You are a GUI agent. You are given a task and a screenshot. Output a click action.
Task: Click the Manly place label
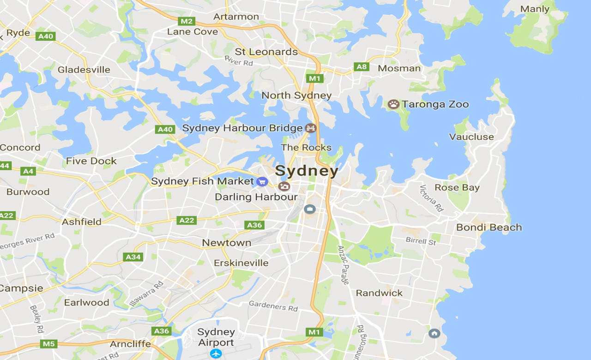(535, 9)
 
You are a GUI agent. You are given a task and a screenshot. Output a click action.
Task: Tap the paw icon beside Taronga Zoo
(393, 104)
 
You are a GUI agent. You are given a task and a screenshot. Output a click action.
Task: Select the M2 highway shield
(187, 21)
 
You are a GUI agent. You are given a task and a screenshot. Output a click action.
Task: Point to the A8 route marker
(362, 67)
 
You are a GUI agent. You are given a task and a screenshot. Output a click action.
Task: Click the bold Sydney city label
(307, 171)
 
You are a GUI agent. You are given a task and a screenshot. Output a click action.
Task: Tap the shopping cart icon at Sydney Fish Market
(262, 181)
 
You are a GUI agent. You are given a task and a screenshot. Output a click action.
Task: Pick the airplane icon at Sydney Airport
(216, 354)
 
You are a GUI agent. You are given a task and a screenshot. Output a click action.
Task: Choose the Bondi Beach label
(489, 227)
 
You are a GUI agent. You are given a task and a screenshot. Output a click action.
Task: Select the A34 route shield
(133, 257)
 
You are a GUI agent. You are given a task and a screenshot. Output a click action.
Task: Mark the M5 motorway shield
(48, 344)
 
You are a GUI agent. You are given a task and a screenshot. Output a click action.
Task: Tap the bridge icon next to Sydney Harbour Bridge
(311, 128)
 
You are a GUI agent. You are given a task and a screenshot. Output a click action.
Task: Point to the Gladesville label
(84, 70)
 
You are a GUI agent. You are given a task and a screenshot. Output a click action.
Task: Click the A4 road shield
(28, 171)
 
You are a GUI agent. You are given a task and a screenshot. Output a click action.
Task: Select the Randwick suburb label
(379, 293)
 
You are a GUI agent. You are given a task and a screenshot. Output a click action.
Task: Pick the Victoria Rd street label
(432, 198)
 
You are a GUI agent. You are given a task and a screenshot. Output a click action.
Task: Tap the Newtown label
(227, 242)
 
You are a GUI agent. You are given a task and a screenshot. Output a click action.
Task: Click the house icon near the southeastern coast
(434, 333)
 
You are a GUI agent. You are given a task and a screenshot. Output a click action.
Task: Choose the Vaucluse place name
(471, 137)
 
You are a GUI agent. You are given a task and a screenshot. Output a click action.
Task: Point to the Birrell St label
(421, 241)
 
